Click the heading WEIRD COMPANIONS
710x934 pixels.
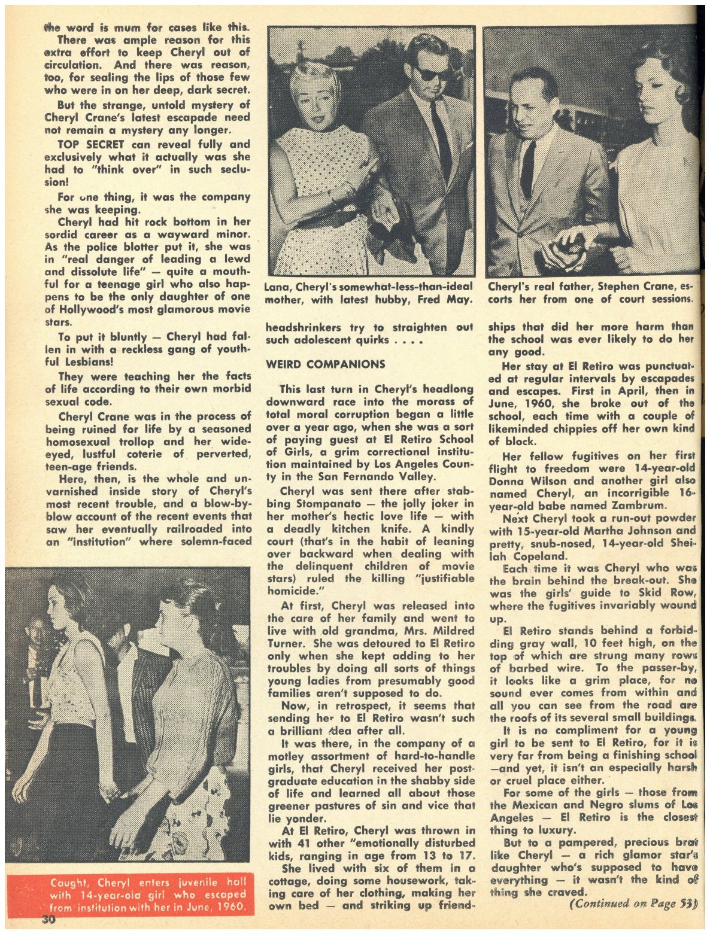(325, 364)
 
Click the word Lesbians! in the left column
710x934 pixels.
(85, 362)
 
